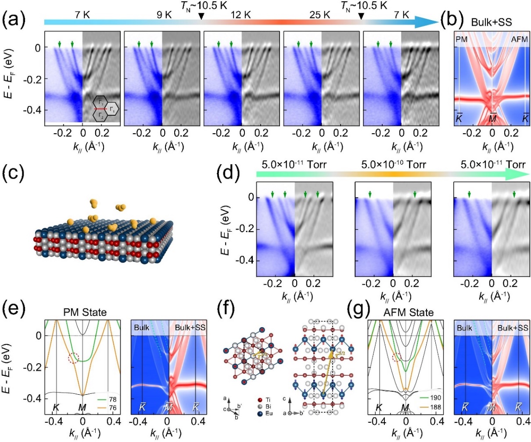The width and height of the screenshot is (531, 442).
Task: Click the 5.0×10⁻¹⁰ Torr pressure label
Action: (393, 165)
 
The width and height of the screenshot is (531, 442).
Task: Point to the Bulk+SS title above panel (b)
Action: (491, 21)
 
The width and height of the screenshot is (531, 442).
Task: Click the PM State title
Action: (83, 312)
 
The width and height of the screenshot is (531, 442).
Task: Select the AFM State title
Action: (408, 312)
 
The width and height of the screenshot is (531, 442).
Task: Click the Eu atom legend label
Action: (269, 413)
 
